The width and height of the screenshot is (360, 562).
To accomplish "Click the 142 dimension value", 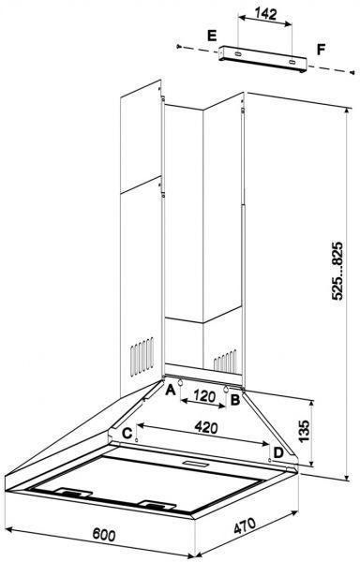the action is click(265, 14).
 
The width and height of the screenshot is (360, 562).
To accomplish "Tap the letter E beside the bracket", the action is click(212, 36).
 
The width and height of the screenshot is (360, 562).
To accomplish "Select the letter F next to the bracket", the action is click(321, 50).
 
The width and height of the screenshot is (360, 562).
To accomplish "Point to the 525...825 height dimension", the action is click(337, 271).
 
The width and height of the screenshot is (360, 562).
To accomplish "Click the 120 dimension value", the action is click(204, 396).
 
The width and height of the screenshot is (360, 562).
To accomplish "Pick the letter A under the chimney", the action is click(171, 390).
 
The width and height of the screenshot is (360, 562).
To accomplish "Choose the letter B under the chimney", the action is click(235, 399).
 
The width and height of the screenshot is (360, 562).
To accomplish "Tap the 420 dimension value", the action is click(206, 427).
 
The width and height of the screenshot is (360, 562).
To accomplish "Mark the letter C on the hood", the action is click(127, 434).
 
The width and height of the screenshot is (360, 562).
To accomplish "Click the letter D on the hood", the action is click(278, 453).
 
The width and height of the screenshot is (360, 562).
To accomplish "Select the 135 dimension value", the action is click(304, 431).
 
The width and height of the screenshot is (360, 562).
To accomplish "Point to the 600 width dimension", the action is click(104, 535).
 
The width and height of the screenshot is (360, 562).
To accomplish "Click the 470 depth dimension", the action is click(245, 525).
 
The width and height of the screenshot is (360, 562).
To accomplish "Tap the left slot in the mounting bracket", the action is click(237, 54).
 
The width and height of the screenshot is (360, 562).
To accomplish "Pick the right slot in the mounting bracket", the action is click(292, 63).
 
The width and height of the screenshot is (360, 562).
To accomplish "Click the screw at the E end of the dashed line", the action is click(178, 46).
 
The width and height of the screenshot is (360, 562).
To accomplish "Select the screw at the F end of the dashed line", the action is click(352, 72).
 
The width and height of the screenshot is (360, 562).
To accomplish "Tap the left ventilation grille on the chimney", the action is click(142, 356).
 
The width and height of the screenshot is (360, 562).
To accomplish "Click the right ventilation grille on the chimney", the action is click(225, 361).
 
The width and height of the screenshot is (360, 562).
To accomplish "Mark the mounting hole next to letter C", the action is click(137, 439).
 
